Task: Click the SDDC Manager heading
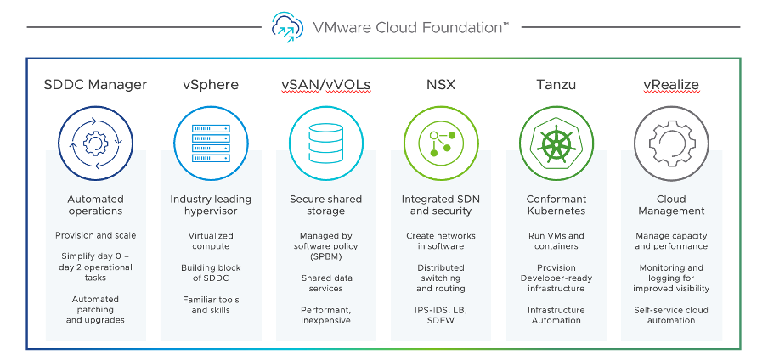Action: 95,85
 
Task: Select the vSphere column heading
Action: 210,85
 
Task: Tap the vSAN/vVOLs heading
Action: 325,85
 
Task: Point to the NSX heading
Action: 440,85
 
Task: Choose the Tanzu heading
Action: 556,85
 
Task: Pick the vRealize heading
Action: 671,85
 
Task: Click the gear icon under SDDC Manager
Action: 95,141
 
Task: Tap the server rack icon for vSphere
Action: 210,141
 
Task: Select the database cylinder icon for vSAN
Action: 325,141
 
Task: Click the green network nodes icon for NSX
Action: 440,141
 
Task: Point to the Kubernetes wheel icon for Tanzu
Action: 556,141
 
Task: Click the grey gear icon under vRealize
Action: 671,141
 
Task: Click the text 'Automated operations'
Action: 95,205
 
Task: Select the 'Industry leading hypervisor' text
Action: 210,205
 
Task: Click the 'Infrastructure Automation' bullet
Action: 556,315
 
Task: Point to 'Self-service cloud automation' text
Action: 671,315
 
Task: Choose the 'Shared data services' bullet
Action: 325,283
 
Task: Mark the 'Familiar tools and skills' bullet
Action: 210,305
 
